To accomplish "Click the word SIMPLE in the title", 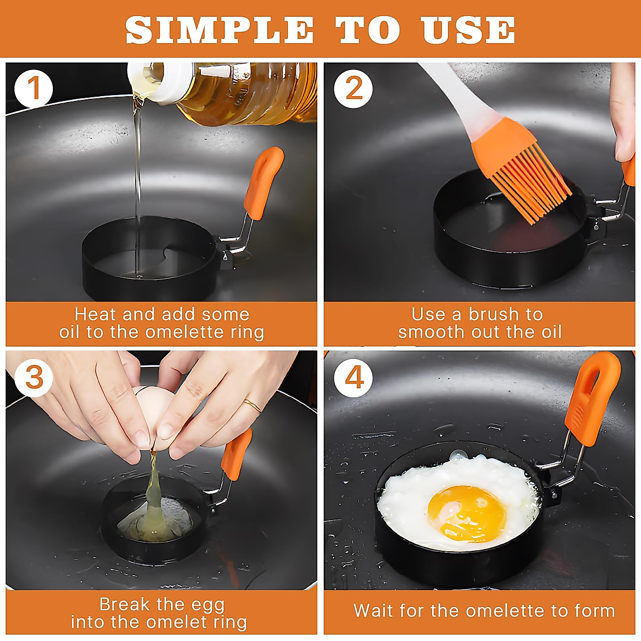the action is (x=220, y=30).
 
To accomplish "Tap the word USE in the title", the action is (x=468, y=30).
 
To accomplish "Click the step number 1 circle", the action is (x=34, y=89).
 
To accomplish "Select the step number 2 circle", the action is (x=353, y=89).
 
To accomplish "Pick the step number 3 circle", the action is (x=34, y=378).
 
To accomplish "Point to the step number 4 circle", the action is (x=353, y=378).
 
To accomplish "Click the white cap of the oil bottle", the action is (x=157, y=83).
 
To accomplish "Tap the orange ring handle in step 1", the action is (x=263, y=184).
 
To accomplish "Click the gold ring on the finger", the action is (x=253, y=405).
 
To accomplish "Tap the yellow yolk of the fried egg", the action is (x=467, y=513).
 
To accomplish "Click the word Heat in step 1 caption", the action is (x=96, y=314).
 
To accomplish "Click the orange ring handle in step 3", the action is (x=236, y=454).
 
